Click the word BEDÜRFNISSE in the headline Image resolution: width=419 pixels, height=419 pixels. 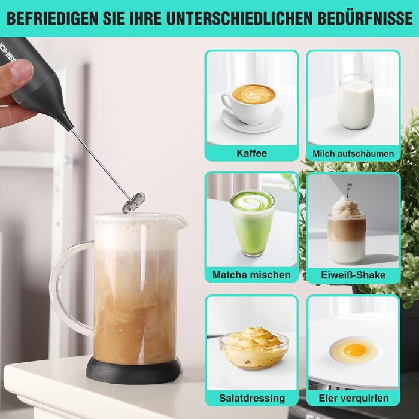coord(365,18)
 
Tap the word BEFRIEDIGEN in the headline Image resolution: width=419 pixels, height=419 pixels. coord(53,18)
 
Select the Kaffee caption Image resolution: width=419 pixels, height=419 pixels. coord(252,153)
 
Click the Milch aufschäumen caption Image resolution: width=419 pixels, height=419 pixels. coord(353,154)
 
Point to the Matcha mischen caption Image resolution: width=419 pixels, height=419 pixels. coord(251,275)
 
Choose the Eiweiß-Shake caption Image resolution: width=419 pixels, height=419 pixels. coord(353,275)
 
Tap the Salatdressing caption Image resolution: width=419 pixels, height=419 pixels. coord(252,398)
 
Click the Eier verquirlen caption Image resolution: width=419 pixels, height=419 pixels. coord(354,398)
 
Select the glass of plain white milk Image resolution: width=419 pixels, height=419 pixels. coord(355,102)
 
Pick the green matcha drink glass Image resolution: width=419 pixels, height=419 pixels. coord(252,223)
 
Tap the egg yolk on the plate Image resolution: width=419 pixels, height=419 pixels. coord(354,350)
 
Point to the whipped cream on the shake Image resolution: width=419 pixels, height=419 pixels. coord(346,207)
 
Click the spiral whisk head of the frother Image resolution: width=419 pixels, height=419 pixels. coord(134,203)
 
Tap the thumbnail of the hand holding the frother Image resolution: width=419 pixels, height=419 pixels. coord(22,71)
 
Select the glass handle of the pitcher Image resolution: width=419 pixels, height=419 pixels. coord(72,288)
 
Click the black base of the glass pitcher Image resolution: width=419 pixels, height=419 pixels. coord(133,371)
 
